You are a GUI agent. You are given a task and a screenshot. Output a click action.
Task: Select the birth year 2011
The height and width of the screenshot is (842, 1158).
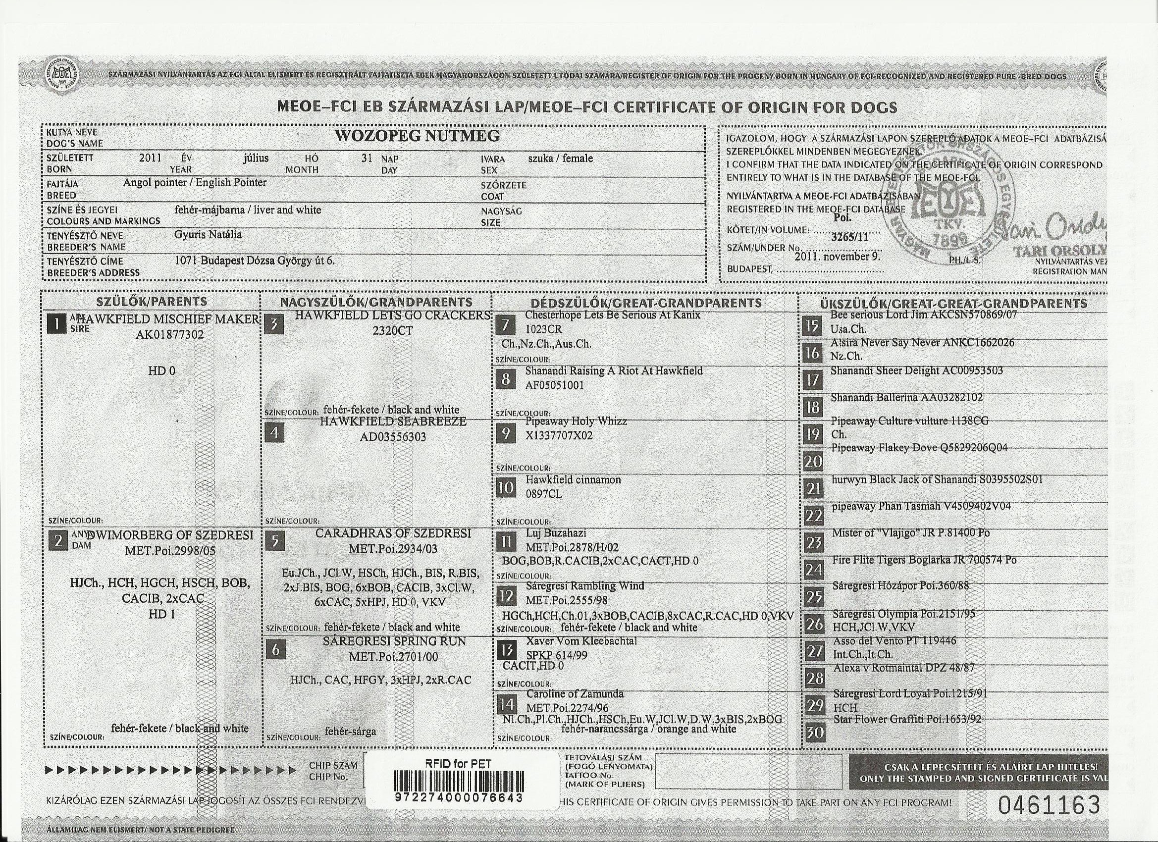pyautogui.click(x=150, y=158)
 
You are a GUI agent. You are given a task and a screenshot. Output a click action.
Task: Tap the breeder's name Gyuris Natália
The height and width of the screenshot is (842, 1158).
pyautogui.click(x=208, y=235)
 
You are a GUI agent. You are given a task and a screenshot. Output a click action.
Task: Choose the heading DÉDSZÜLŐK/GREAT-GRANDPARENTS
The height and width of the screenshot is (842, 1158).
pyautogui.click(x=646, y=303)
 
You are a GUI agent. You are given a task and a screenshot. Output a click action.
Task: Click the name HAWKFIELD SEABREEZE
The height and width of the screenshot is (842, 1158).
pyautogui.click(x=393, y=422)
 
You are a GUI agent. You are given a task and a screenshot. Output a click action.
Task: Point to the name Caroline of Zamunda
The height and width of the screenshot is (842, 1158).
pyautogui.click(x=575, y=694)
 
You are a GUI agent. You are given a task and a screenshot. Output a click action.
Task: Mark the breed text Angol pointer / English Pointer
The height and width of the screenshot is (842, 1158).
pyautogui.click(x=195, y=183)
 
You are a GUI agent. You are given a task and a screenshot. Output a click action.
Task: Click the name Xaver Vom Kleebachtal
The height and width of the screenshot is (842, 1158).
pyautogui.click(x=581, y=641)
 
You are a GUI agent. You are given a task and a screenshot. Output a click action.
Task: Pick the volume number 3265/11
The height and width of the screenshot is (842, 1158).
pyautogui.click(x=849, y=236)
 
